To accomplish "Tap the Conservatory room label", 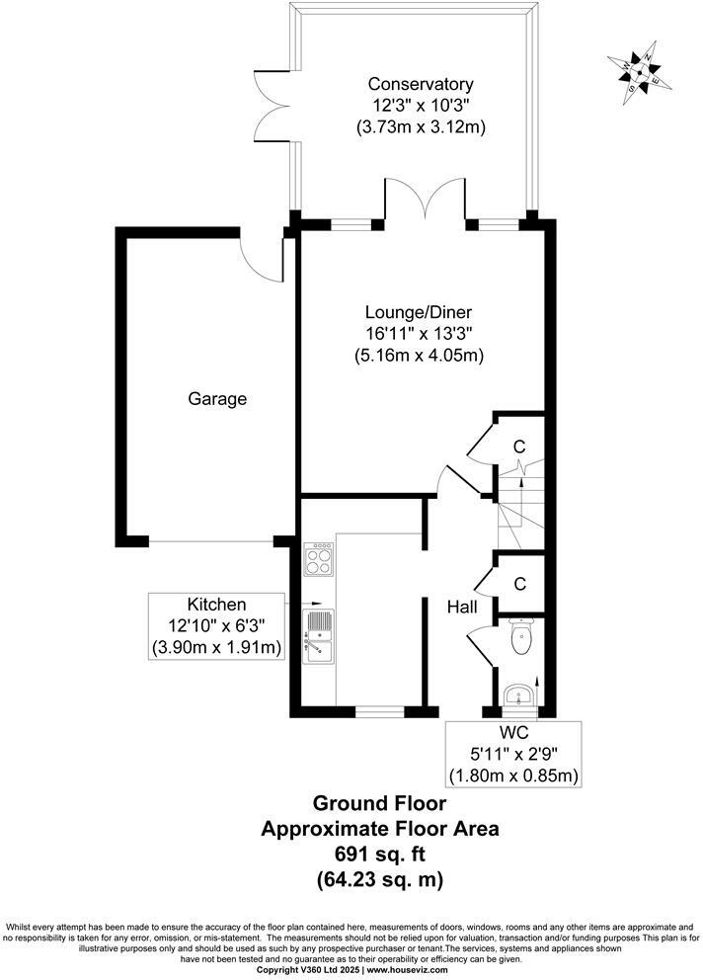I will pyautogui.click(x=420, y=84).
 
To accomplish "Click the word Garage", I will pyautogui.click(x=217, y=400).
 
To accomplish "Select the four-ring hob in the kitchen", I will pyautogui.click(x=320, y=561).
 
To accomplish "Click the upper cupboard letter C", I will pyautogui.click(x=519, y=447).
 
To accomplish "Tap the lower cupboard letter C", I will pyautogui.click(x=519, y=584).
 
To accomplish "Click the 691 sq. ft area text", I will pyautogui.click(x=379, y=853).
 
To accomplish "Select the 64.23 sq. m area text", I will pyautogui.click(x=379, y=877).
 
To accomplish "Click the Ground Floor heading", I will pyautogui.click(x=379, y=804).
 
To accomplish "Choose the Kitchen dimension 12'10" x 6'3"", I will pyautogui.click(x=216, y=626).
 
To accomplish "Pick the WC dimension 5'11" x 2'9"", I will pyautogui.click(x=513, y=755).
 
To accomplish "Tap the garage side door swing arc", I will pyautogui.click(x=262, y=257).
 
